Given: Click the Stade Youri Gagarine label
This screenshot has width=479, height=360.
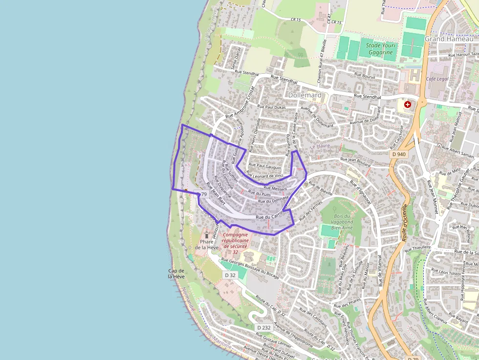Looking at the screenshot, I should pos(379,49).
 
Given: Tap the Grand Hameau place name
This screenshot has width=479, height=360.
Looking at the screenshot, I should pos(449,39).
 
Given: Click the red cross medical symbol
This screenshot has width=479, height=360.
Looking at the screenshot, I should pos(408,105).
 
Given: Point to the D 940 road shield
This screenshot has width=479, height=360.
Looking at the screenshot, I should pos(398,154).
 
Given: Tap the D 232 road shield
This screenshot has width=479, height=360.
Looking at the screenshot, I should pos(263,327).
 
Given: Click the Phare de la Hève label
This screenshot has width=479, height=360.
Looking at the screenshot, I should pos(207,244).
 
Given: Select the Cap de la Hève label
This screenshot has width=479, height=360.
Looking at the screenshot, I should pos(176,274).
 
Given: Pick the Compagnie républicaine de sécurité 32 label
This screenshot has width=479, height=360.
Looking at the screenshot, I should pos(235,243).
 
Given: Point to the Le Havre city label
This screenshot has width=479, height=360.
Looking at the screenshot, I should pos(320,146).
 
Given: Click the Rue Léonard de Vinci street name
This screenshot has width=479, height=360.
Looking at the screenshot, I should pos(264,175).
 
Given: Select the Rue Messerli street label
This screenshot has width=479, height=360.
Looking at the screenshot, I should pos(275,188).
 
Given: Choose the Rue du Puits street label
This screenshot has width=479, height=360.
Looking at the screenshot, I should pos(260,194).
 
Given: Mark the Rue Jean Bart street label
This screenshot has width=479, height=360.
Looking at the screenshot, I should pos(215,193).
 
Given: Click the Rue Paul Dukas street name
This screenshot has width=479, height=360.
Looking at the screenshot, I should pos(271,106).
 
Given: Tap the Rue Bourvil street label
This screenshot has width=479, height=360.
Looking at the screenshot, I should pos(365,76).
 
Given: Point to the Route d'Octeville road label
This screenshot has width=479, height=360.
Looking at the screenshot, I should pos(405,222).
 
